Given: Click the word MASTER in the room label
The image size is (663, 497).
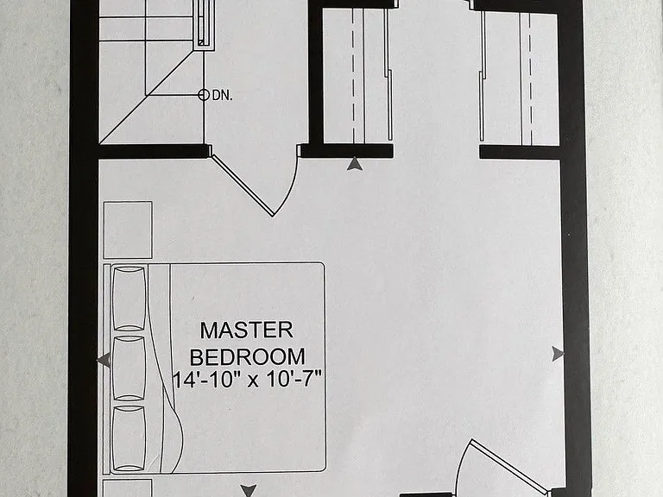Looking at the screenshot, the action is [x=247, y=330].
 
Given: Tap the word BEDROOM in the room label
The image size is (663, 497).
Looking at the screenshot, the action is [x=248, y=357].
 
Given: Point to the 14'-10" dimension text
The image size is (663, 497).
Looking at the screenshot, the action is [x=205, y=380].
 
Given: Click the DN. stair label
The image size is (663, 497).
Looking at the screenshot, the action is [x=223, y=96].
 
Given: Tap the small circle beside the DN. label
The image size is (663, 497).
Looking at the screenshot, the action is [x=204, y=95].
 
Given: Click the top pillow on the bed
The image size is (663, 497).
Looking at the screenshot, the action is [x=129, y=298].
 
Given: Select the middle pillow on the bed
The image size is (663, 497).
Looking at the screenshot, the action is [x=129, y=368].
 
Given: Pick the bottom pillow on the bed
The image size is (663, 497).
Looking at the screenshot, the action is [x=129, y=437].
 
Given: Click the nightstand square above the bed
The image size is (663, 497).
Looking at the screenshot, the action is [x=128, y=230].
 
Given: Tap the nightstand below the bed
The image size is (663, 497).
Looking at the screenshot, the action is [x=128, y=488].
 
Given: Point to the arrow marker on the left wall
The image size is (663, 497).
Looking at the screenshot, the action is [x=104, y=360].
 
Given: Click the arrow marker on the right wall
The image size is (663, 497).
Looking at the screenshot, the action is [x=558, y=354].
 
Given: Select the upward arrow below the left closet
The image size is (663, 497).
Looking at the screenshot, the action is [x=354, y=164].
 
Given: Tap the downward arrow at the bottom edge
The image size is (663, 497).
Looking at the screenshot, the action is [x=249, y=491].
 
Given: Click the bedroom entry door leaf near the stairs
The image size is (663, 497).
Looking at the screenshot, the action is [x=243, y=186].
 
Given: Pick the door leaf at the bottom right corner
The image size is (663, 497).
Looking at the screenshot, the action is [x=508, y=467].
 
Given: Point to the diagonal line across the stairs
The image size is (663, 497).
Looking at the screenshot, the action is [x=147, y=96].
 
